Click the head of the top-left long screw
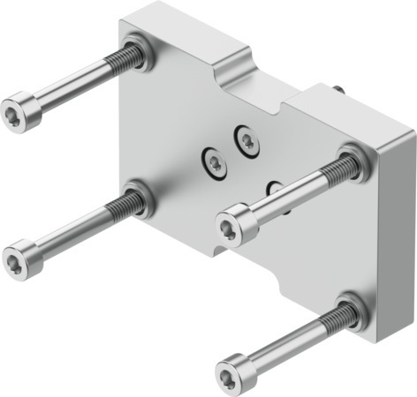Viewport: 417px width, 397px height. coord(22,113)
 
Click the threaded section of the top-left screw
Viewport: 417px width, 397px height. coord(123,61)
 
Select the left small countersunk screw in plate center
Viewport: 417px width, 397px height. coord(214,161)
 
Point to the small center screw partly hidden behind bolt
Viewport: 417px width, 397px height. coord(275,188)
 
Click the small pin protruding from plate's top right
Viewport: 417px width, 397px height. coord(339,88)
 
